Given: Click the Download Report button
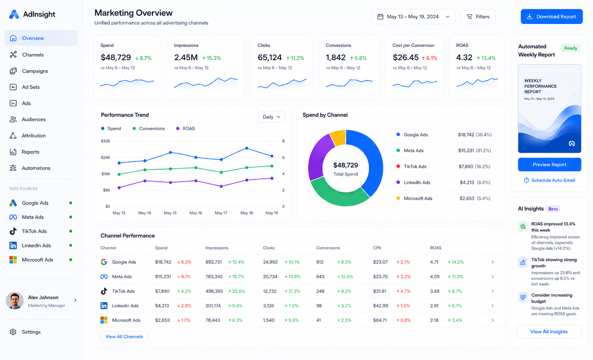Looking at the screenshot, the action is [x=551, y=17].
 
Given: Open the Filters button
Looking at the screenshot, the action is [x=478, y=17].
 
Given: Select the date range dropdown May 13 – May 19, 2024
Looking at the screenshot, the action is [x=413, y=17].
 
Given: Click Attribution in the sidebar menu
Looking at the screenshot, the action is [x=34, y=136].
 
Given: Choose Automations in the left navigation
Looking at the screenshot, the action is [x=36, y=168].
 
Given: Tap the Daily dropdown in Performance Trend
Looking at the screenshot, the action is [x=271, y=117].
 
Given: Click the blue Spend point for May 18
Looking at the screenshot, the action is [x=247, y=148].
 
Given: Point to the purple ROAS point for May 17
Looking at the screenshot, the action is [x=221, y=186].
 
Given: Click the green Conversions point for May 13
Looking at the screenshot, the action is [x=119, y=174].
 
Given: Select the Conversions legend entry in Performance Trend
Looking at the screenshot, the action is [x=149, y=129].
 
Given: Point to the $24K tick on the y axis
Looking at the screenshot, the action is [x=105, y=157].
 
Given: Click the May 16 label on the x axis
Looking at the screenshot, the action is [x=196, y=213].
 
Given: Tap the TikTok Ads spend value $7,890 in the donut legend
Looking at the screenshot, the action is [x=466, y=166].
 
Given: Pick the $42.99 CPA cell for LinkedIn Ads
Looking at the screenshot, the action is [x=380, y=306].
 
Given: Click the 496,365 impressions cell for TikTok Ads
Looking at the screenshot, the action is [x=214, y=291].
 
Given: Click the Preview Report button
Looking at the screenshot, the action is [x=549, y=164].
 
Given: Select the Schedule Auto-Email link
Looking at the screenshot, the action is [x=549, y=180].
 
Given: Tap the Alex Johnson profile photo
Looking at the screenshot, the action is [x=15, y=300].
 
